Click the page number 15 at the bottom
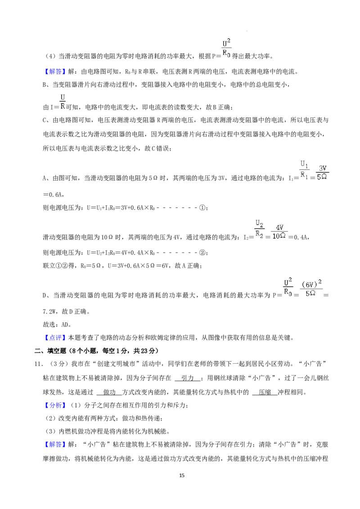[x=182, y=475]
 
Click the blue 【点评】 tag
[x=55, y=338]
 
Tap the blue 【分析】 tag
[x=55, y=405]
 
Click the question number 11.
[x=38, y=364]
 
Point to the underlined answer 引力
[x=188, y=378]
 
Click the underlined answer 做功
[x=109, y=392]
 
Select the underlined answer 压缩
[x=265, y=392]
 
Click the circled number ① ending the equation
[x=202, y=208]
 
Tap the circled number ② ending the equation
[x=202, y=253]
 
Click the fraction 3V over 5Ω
[x=322, y=173]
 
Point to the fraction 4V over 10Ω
[x=279, y=232]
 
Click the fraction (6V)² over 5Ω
[x=311, y=289]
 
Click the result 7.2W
[x=50, y=312]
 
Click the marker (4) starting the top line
[x=50, y=57]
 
